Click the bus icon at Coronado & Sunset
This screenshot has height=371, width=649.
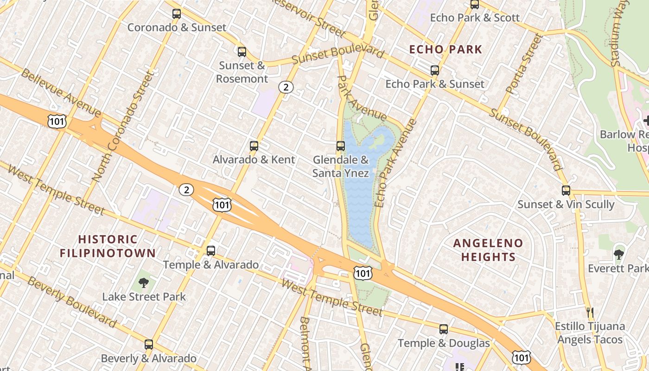[177, 14]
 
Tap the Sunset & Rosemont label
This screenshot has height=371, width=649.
[242, 72]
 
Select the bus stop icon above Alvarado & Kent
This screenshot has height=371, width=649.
[254, 146]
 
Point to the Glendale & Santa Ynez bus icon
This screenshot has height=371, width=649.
[341, 146]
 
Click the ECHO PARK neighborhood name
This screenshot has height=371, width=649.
[445, 49]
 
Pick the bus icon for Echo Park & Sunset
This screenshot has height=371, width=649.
[435, 70]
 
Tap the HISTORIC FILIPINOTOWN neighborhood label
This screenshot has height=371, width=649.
[108, 246]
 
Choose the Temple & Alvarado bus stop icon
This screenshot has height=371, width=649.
[211, 251]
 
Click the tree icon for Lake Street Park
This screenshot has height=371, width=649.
[144, 282]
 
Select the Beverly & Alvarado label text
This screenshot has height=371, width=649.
[148, 358]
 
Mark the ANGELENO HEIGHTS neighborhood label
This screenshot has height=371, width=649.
[488, 250]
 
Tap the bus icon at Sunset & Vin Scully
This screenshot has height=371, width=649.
[566, 190]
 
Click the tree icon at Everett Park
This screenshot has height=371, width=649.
[618, 254]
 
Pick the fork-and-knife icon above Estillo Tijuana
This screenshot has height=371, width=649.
[590, 312]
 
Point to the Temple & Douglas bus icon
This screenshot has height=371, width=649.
[444, 329]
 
